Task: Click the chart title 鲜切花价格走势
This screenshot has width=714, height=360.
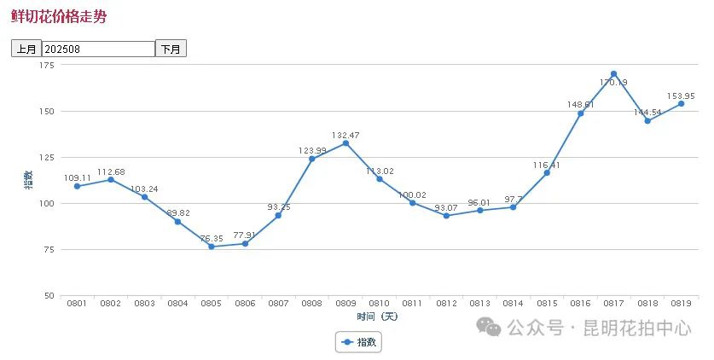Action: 59,16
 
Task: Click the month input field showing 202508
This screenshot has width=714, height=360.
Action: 98,49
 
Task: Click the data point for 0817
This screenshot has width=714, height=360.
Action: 614,74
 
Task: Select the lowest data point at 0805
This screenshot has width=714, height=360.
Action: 212,247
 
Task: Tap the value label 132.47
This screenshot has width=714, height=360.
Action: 345,135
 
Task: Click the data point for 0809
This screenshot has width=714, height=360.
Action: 345,143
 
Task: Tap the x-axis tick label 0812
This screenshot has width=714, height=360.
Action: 446,304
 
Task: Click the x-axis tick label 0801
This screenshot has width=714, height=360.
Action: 77,304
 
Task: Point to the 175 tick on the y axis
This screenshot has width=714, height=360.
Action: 47,66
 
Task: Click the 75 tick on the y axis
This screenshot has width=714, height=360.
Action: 49,249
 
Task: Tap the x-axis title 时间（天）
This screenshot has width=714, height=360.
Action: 377,316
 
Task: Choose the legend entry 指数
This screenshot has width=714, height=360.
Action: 359,342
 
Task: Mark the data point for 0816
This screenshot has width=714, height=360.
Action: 581,113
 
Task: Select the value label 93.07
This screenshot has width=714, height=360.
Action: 446,207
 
